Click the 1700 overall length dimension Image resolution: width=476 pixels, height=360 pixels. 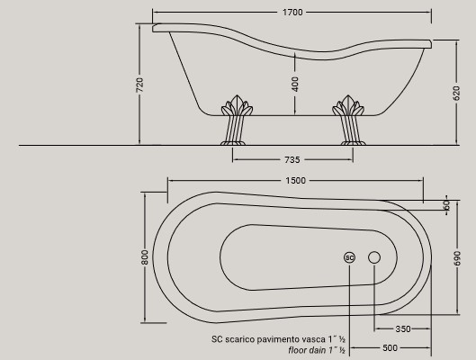(x=292, y=13)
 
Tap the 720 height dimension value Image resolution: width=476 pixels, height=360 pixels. (x=139, y=86)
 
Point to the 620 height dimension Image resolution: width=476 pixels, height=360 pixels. (x=456, y=93)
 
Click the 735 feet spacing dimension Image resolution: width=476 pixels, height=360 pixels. (x=292, y=159)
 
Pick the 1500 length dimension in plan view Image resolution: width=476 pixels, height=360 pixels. (x=294, y=180)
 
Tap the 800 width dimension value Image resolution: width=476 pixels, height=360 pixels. (x=144, y=256)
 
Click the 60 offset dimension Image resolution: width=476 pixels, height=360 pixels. (x=446, y=205)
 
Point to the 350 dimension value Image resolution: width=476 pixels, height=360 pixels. (x=402, y=328)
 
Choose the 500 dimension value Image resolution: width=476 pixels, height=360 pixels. (x=390, y=347)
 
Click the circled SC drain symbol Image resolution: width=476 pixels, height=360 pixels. (x=350, y=257)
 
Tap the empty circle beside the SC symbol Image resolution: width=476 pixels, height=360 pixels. (x=374, y=257)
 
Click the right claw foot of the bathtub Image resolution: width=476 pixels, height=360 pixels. (x=350, y=121)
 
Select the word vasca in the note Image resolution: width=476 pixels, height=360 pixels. (x=321, y=338)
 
